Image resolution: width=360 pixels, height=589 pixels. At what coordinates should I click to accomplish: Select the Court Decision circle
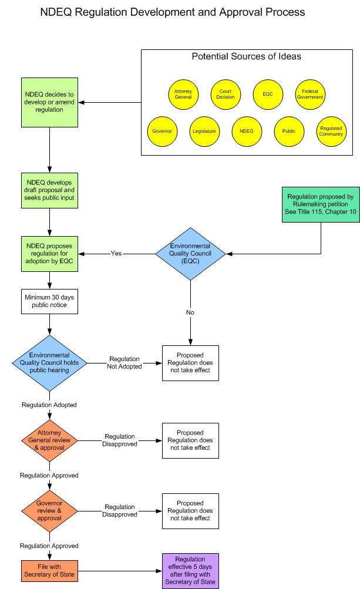point(226,93)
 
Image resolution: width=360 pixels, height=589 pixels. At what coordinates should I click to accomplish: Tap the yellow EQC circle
point(268,93)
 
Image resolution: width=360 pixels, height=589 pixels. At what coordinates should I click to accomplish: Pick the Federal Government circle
point(309,93)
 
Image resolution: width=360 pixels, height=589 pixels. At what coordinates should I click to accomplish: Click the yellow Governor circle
point(162,131)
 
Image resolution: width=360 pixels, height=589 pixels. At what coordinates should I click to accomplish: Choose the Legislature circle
point(204,131)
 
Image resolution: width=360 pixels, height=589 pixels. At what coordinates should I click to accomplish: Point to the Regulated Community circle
point(331,131)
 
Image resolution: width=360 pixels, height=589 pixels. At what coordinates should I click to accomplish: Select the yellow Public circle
point(288,131)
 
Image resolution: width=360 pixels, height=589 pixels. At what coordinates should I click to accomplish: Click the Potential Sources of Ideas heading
point(247,57)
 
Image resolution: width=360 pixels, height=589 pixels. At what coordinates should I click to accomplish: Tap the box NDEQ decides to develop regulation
point(50,102)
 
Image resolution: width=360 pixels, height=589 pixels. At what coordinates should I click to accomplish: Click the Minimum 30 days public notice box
point(50,301)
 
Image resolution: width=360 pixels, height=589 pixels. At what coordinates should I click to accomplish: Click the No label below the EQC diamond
point(190,312)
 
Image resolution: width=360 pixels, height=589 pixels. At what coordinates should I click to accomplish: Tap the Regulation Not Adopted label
point(124,362)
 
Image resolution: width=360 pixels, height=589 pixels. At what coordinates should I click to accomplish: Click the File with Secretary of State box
point(50,570)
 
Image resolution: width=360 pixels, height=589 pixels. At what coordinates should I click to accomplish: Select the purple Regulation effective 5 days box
point(190,570)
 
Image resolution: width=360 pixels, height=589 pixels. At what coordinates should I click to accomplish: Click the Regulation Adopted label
point(49,405)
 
